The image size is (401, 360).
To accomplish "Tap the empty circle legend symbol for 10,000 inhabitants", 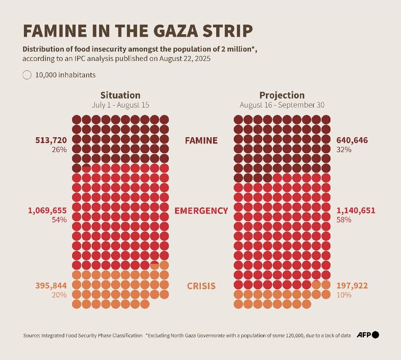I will (27, 75).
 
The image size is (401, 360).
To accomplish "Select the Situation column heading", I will (120, 95).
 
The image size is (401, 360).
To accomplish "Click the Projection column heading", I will (282, 95).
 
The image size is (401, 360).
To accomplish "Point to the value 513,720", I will (51, 140).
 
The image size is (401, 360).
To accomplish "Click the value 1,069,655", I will (47, 210).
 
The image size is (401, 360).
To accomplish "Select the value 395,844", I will (51, 286).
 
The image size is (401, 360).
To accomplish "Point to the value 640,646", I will (352, 140).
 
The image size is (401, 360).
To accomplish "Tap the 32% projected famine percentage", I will (344, 150).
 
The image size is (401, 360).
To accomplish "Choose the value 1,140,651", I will (356, 210).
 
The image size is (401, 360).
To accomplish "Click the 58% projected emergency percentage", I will (344, 220).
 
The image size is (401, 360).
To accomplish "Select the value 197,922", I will (352, 286).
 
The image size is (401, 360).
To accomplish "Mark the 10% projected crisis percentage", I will (344, 295).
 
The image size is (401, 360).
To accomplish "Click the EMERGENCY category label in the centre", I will (201, 211).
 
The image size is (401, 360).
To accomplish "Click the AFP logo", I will (368, 335).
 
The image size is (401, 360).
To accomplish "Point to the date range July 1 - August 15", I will (120, 105).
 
